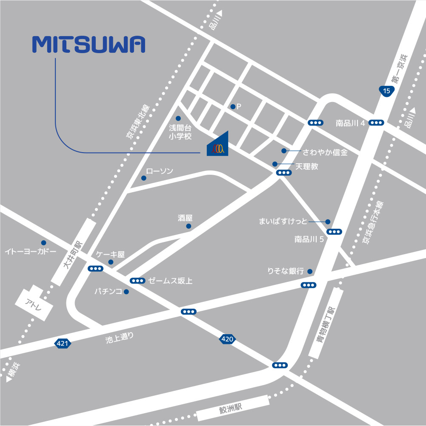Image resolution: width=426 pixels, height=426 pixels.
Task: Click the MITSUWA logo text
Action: tap(89, 44)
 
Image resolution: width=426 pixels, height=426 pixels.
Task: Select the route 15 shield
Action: tap(386, 91)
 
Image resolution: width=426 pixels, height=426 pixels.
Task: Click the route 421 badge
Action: tap(62, 344)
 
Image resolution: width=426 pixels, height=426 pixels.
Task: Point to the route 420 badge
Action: tap(227, 339)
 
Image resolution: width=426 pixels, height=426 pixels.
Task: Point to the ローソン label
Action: tap(160, 171)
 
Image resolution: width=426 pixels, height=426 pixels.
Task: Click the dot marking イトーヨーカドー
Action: tap(43, 243)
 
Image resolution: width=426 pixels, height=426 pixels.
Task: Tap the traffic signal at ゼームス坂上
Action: tap(137, 281)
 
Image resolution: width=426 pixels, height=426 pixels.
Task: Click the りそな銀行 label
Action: tap(286, 271)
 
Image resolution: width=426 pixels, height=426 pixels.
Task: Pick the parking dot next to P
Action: tap(233, 107)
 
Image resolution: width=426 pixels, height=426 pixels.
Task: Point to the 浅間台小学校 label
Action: tap(180, 132)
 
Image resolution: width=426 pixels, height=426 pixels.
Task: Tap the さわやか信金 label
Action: tap(325, 152)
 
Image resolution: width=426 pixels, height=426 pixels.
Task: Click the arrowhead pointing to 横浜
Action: tap(8, 378)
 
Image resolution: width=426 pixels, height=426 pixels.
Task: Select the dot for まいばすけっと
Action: tap(328, 222)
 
